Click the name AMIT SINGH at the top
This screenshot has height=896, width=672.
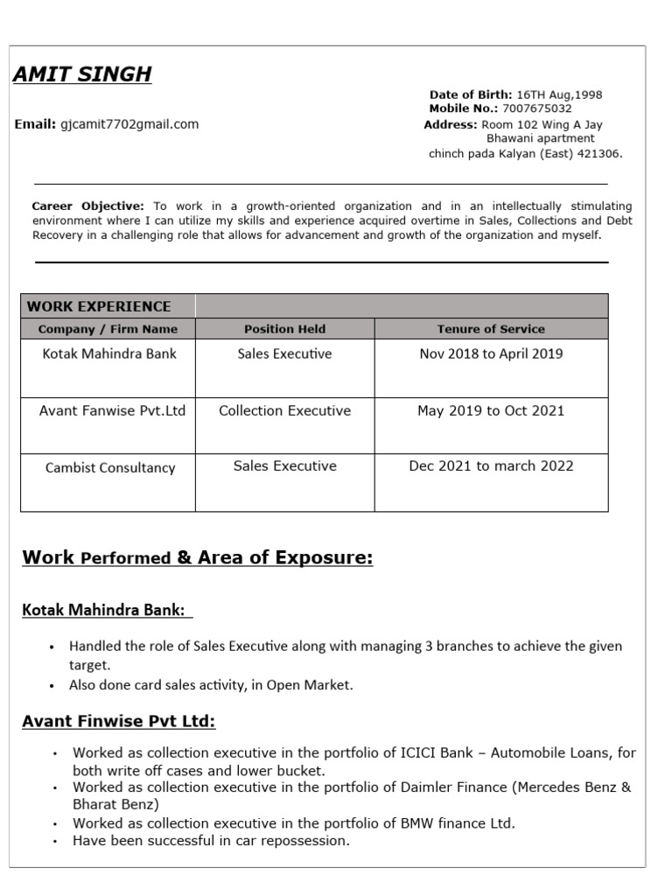pyautogui.click(x=82, y=74)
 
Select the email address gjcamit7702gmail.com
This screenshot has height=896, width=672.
pyautogui.click(x=129, y=124)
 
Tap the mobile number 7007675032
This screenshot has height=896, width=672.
pyautogui.click(x=536, y=109)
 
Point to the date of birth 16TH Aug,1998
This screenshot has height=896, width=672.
pyautogui.click(x=559, y=94)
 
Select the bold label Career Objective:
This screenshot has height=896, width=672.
pyautogui.click(x=87, y=206)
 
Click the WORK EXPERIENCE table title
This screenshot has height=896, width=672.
pyautogui.click(x=99, y=306)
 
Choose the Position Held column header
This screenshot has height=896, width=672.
pyautogui.click(x=284, y=329)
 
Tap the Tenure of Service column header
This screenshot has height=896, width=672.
pyautogui.click(x=491, y=329)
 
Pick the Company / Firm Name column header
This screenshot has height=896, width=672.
pyautogui.click(x=108, y=329)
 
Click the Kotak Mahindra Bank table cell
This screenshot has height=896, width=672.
pyautogui.click(x=109, y=354)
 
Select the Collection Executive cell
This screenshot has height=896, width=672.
pyautogui.click(x=284, y=410)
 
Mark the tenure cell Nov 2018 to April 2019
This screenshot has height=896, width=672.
pyautogui.click(x=491, y=354)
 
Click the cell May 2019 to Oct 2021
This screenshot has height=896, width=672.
pyautogui.click(x=491, y=410)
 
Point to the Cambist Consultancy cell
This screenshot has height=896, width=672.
pyautogui.click(x=110, y=467)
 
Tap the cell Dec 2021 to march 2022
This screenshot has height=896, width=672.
pyautogui.click(x=491, y=465)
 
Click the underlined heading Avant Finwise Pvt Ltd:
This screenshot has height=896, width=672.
pyautogui.click(x=118, y=722)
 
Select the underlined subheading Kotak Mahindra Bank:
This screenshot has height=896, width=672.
pyautogui.click(x=103, y=610)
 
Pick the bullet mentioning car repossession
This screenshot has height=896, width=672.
pyautogui.click(x=211, y=841)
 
